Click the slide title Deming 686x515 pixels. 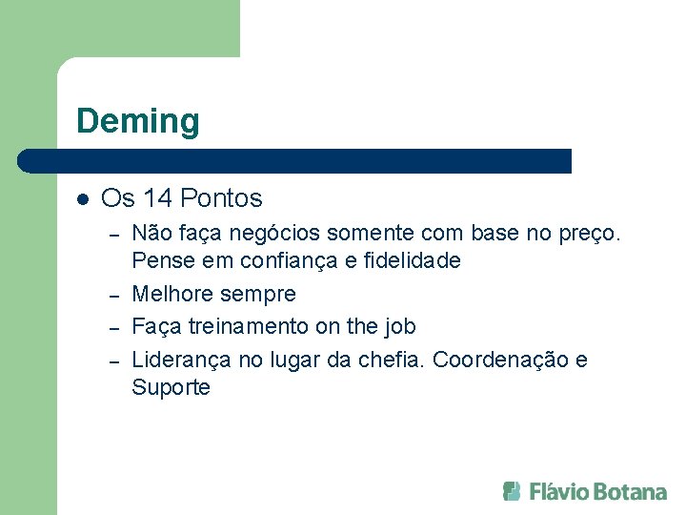[138, 121]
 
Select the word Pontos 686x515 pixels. [221, 198]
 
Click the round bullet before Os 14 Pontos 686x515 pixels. [82, 199]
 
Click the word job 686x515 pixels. [400, 326]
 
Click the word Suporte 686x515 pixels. [171, 387]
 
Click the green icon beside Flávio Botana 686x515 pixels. [513, 491]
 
